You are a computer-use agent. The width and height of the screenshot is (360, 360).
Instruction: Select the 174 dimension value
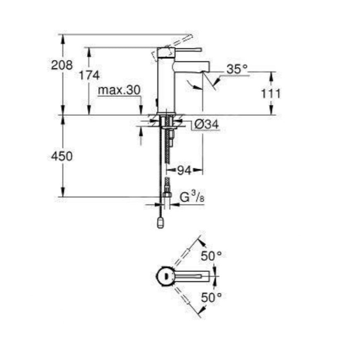(x=90, y=75)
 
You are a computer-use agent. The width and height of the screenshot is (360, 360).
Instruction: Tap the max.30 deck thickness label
(x=120, y=90)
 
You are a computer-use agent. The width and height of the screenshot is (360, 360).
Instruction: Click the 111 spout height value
(x=271, y=94)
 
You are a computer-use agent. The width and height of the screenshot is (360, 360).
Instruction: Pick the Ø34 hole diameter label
(x=206, y=123)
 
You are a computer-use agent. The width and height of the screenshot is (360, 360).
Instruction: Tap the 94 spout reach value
(x=185, y=170)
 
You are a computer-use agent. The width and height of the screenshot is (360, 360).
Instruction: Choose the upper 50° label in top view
(x=211, y=257)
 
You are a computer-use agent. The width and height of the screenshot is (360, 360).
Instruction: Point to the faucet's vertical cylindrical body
(x=166, y=83)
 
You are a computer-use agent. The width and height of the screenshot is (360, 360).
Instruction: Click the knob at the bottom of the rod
(x=161, y=223)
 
